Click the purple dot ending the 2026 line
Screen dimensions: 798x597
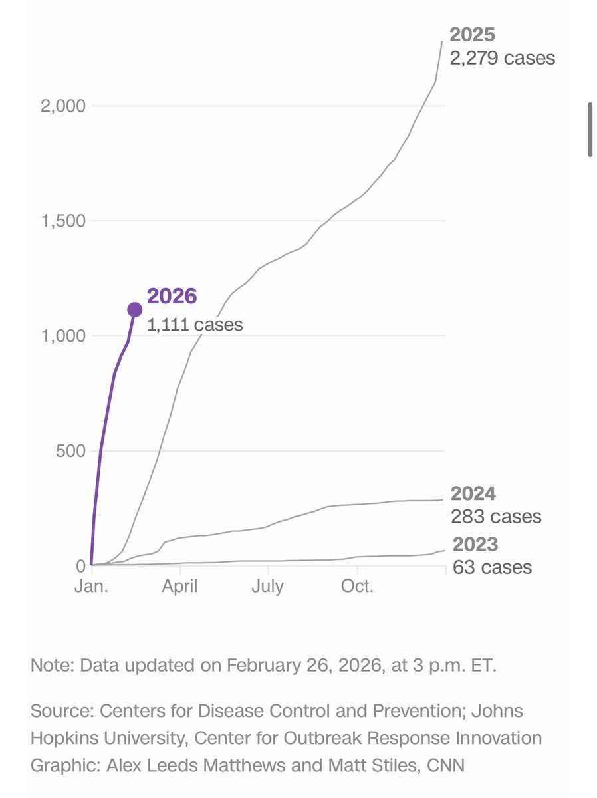coord(134,309)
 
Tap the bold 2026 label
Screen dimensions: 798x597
coord(172,297)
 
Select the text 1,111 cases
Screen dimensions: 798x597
coord(194,325)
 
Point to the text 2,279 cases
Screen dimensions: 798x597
coord(502,58)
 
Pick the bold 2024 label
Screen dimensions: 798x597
coord(473,494)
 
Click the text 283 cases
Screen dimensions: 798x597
coord(496,517)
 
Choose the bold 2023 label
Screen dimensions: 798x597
coord(475,545)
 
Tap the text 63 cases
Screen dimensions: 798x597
coord(492,567)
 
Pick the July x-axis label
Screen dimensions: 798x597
coord(268,587)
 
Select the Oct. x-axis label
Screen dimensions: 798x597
coord(358,587)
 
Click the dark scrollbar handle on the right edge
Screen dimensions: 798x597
coord(590,130)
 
